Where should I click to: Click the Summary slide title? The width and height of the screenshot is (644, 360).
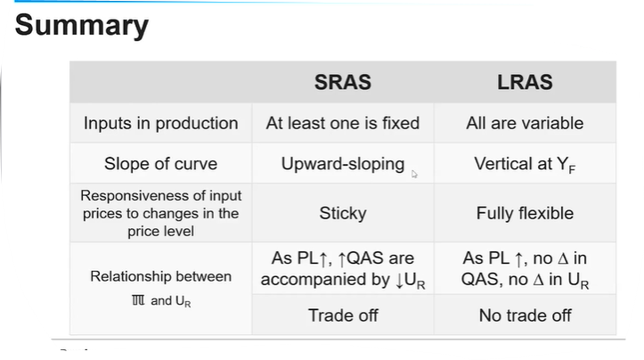[x=82, y=26]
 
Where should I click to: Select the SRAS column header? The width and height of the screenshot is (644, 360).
[x=343, y=82]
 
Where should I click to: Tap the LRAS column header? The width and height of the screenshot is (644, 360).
[x=525, y=82]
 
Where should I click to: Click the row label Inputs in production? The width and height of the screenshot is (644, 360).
[x=161, y=123]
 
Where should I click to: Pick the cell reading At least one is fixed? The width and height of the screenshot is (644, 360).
[x=343, y=123]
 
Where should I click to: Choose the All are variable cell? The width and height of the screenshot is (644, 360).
[x=525, y=123]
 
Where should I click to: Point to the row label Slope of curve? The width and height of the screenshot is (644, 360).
[x=160, y=164]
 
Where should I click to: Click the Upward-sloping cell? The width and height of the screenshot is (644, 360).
[x=343, y=164]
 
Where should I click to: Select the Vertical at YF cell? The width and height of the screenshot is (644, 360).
[x=525, y=164]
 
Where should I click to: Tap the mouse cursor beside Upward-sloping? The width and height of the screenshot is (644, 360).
[x=414, y=175]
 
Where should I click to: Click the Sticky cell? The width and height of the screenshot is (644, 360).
[x=343, y=214]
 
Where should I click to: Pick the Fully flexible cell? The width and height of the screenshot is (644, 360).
[x=525, y=213]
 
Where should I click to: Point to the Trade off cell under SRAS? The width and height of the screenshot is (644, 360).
[x=343, y=315]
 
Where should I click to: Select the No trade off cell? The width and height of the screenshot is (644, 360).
[x=525, y=315]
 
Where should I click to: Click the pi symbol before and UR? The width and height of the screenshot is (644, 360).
[x=138, y=300]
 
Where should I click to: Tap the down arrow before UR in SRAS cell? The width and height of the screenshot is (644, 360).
[x=400, y=281]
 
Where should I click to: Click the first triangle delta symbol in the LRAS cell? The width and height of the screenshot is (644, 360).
[x=563, y=259]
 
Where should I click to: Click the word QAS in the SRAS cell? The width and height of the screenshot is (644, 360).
[x=366, y=258]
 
